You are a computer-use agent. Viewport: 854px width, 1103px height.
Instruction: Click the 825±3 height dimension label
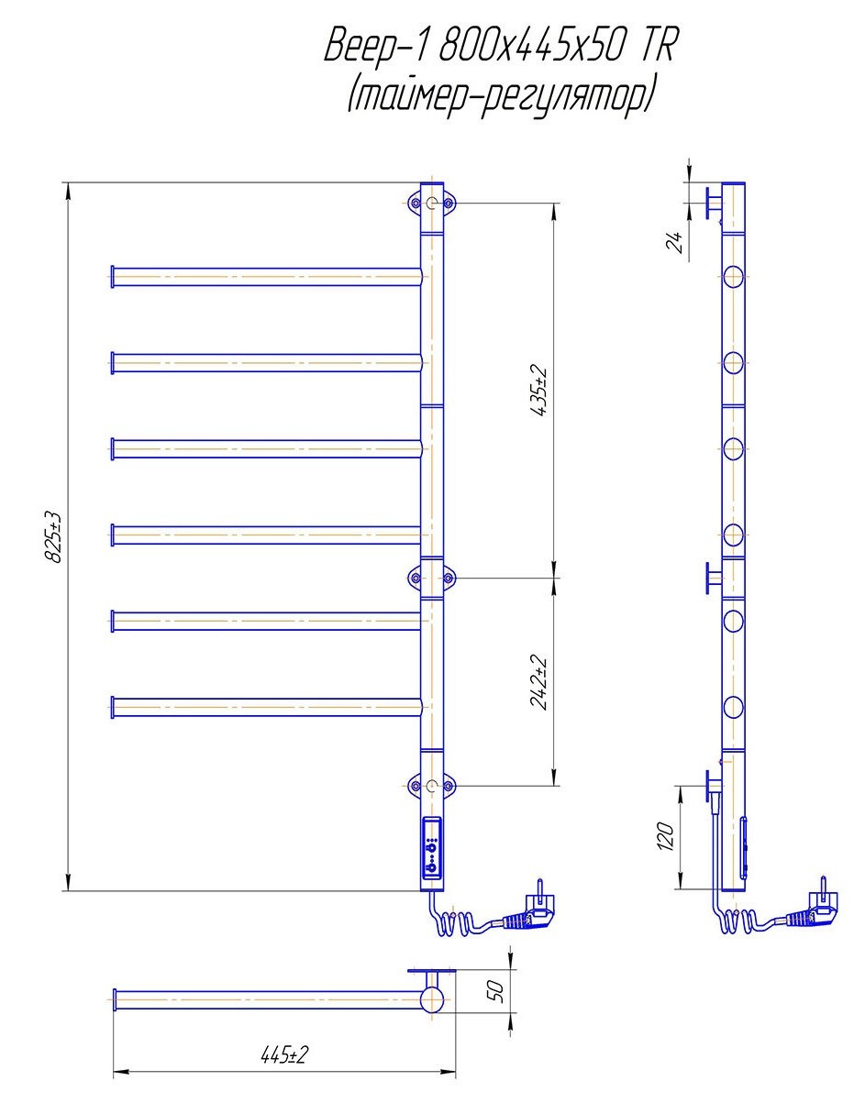[53, 536]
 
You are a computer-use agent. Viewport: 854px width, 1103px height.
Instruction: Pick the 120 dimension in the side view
[666, 836]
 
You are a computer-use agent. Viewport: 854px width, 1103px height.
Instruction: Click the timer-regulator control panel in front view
[431, 848]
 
